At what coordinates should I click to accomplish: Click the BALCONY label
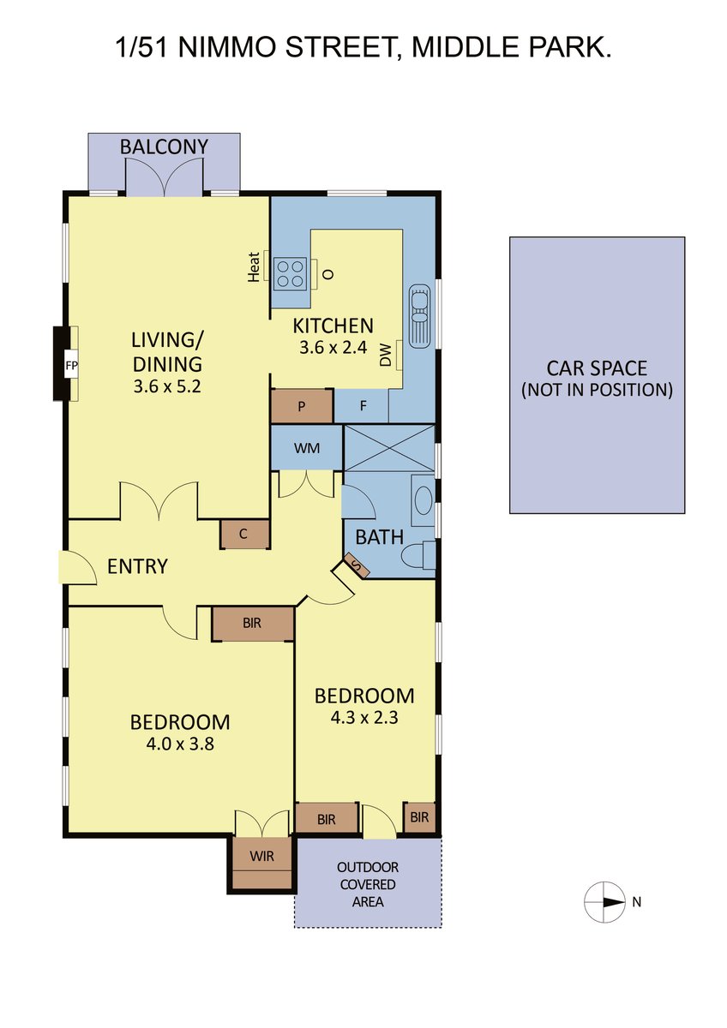point(164,146)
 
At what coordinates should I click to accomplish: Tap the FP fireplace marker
point(72,366)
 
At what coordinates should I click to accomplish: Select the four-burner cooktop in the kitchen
point(289,273)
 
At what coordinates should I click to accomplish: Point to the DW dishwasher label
point(386,356)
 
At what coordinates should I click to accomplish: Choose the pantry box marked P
point(302,406)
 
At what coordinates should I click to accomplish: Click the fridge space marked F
point(362,406)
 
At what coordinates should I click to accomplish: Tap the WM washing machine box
point(307,448)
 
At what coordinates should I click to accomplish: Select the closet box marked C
point(243,534)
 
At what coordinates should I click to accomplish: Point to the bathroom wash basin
point(423,500)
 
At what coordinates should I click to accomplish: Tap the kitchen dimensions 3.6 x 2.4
point(333,348)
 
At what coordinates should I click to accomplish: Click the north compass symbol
point(604,902)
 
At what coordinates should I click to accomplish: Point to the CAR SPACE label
point(597,368)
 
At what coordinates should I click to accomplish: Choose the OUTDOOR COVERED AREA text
point(368,884)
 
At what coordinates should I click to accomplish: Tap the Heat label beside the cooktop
point(254,266)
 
